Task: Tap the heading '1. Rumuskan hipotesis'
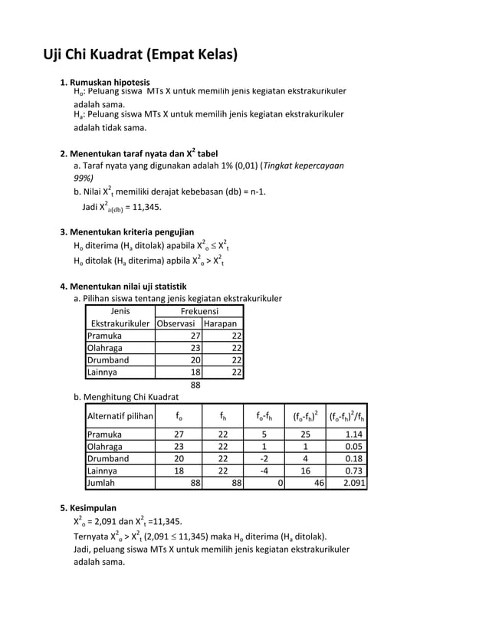[105, 82]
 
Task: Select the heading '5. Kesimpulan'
[88, 507]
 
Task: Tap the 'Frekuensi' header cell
[199, 311]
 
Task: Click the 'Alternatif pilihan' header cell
[120, 417]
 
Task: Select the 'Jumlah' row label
[102, 484]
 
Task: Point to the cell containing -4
[264, 471]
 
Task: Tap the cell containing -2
[264, 458]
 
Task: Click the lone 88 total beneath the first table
[195, 385]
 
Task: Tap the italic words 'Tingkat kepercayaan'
[304, 165]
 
